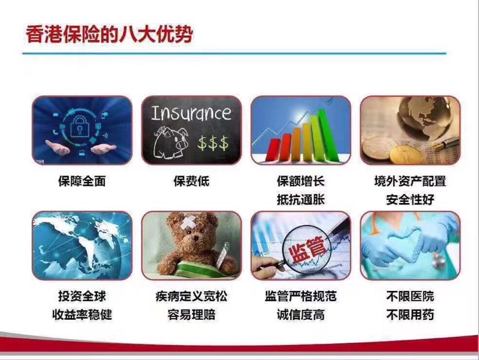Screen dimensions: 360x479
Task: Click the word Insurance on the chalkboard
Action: tap(191, 113)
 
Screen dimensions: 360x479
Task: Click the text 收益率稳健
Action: tap(82, 314)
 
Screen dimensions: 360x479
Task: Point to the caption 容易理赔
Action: tap(191, 314)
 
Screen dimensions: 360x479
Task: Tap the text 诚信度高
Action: tap(300, 314)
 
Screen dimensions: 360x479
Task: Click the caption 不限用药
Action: tap(410, 314)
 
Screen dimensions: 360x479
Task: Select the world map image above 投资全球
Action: tap(82, 246)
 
